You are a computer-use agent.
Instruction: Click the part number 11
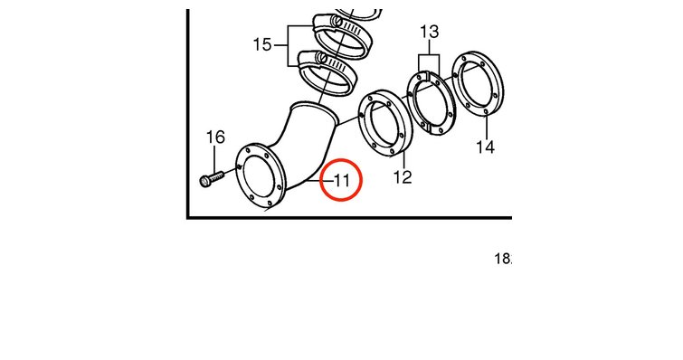click(342, 180)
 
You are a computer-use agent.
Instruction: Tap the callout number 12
click(403, 177)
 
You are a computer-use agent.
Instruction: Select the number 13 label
click(429, 32)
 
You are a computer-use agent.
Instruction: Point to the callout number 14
click(485, 147)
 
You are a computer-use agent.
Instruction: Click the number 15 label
click(262, 44)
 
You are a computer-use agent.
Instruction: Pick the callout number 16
click(215, 137)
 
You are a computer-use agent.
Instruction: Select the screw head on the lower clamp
click(322, 57)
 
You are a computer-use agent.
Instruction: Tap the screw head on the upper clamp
click(335, 21)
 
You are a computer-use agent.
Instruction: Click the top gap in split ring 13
click(428, 75)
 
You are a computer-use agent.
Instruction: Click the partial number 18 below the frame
click(503, 259)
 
